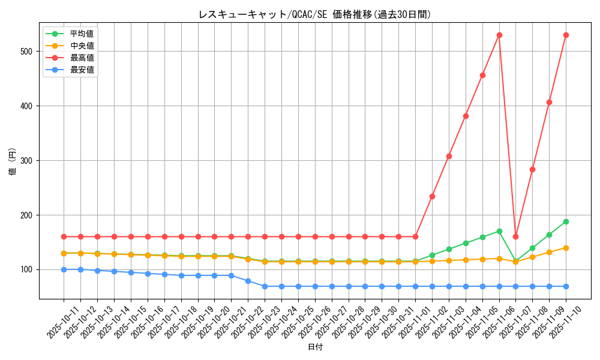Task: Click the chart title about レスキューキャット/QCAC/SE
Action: [314, 14]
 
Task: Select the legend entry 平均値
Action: [82, 34]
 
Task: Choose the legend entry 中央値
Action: [82, 46]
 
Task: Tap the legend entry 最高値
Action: [82, 58]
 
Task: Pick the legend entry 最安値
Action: [82, 70]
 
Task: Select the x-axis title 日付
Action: [314, 347]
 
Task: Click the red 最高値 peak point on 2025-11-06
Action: [499, 35]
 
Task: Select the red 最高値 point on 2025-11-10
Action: [566, 35]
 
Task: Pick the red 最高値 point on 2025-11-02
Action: [432, 196]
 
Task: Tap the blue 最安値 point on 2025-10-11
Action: [64, 269]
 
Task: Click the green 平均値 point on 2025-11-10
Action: [566, 221]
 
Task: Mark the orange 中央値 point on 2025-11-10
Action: [566, 248]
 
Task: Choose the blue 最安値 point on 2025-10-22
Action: [248, 281]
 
